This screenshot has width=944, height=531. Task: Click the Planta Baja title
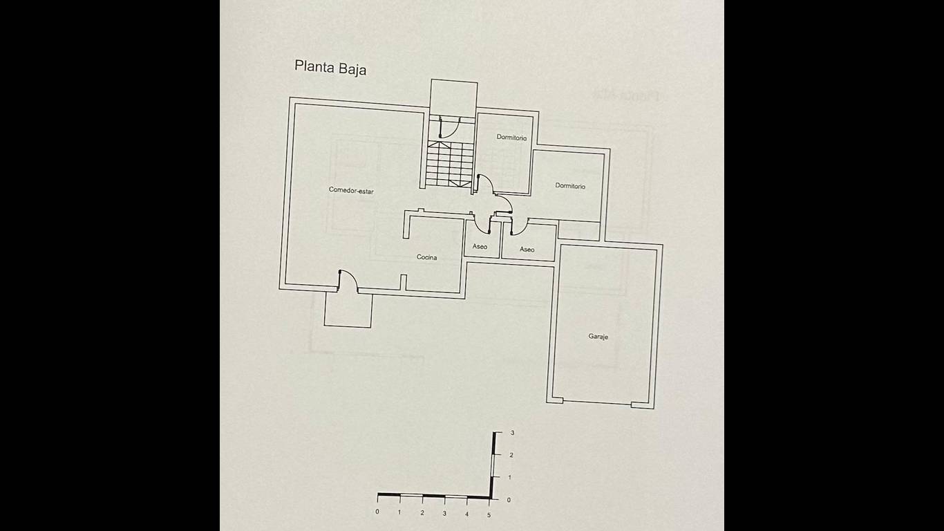point(330,68)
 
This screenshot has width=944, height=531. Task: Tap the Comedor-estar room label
point(351,190)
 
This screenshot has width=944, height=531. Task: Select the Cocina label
point(426,257)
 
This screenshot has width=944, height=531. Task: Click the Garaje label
point(598,337)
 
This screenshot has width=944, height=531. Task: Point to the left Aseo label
point(480,246)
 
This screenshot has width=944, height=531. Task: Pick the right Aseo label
point(527,250)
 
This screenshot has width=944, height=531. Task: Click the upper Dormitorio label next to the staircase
point(511,138)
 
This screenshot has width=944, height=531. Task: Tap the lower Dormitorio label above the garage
point(569,185)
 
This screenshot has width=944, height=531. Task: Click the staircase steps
point(450,164)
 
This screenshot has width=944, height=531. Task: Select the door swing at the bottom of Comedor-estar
point(348,281)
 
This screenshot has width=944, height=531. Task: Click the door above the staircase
point(449,127)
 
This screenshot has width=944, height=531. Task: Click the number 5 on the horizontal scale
point(489,515)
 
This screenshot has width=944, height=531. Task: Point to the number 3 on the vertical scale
point(513,433)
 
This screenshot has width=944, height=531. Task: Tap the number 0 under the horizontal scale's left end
point(377,512)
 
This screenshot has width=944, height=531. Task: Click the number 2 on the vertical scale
point(511,455)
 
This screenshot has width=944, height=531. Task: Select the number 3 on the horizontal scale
point(444,514)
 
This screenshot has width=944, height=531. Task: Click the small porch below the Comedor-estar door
point(348,310)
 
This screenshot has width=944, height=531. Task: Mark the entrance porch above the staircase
point(453,97)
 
